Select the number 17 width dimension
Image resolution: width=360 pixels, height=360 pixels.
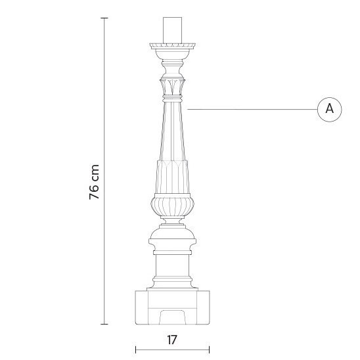click(172, 340)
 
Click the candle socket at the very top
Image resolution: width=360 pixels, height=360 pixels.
click(173, 29)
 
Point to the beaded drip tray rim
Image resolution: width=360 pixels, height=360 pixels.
click(173, 47)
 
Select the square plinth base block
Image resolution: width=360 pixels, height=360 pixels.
click(173, 307)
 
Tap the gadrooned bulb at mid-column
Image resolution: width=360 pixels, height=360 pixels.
click(173, 206)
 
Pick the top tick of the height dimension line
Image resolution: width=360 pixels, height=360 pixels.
click(104, 18)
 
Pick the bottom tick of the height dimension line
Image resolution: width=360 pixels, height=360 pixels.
click(104, 324)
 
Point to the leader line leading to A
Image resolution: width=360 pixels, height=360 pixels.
click(250, 108)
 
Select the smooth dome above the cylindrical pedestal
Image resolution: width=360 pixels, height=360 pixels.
click(173, 238)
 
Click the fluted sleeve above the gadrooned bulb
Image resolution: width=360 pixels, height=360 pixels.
click(173, 176)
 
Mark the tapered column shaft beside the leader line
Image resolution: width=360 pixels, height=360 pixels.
click(173, 129)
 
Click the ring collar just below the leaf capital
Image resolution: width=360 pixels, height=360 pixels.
click(173, 98)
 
